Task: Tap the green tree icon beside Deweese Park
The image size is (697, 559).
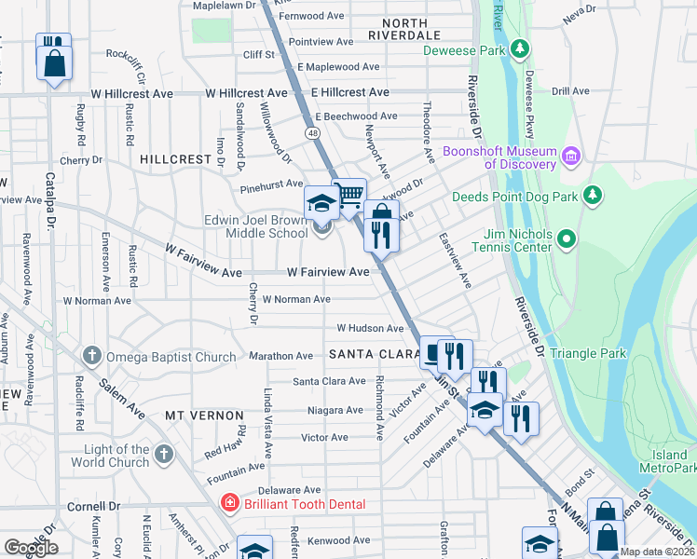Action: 523,48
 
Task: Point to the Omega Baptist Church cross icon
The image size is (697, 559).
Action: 91,356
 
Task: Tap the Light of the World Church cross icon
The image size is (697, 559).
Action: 163,455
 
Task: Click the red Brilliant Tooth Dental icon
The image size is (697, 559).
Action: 228,504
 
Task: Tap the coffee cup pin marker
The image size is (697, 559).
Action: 433,353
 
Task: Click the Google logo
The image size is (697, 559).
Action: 30,548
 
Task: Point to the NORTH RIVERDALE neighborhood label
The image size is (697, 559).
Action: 403,28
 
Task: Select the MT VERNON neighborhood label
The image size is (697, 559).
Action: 204,415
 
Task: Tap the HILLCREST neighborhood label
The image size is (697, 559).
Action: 176,159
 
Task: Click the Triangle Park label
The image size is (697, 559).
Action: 588,354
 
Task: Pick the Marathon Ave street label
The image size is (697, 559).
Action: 280,356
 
